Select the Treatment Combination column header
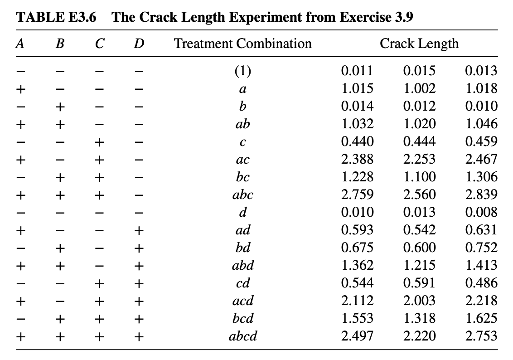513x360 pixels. tap(243, 44)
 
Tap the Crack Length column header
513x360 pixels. tap(419, 44)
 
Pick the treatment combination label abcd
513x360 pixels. tap(244, 336)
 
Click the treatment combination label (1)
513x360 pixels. tap(243, 71)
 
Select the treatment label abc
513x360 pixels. tap(243, 195)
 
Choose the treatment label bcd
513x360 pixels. tap(243, 319)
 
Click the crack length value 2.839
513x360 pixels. tap(481, 195)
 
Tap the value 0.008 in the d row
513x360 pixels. tap(481, 212)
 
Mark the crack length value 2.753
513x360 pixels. tap(481, 336)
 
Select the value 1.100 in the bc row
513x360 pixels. tap(419, 177)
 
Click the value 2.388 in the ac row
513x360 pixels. tap(357, 159)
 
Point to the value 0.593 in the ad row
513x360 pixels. tap(357, 230)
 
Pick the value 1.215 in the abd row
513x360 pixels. tap(419, 265)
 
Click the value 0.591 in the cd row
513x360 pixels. tap(419, 283)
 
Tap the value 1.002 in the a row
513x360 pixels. tap(419, 88)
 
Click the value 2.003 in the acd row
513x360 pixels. tap(419, 301)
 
